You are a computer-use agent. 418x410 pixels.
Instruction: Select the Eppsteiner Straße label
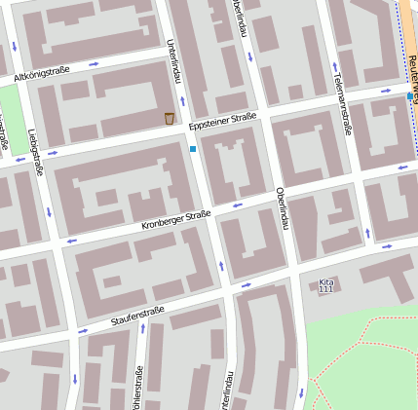click(222, 120)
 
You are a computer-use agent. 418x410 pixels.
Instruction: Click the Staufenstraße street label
click(137, 316)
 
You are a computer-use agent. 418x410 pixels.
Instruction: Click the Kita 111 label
click(326, 285)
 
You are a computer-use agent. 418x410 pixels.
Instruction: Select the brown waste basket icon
click(170, 119)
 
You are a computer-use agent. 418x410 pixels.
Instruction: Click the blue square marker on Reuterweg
click(410, 95)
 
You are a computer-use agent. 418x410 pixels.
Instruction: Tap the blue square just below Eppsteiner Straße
click(193, 149)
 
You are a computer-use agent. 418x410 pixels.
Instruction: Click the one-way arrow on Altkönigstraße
click(94, 64)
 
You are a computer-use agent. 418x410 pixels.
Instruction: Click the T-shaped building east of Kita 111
click(399, 282)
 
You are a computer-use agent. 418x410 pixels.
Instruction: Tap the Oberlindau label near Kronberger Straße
click(282, 206)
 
